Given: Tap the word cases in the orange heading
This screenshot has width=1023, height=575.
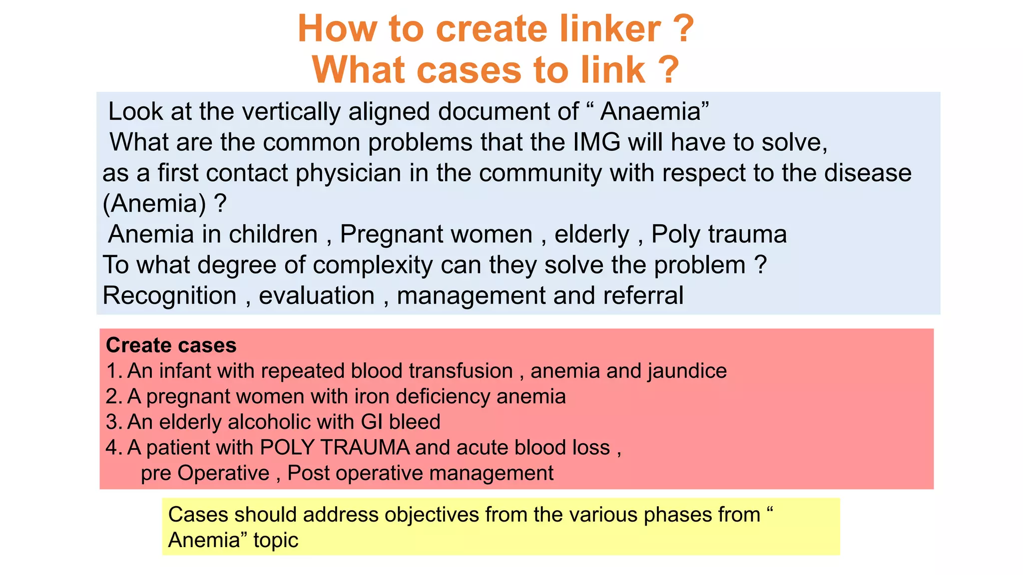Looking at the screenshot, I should tap(469, 69).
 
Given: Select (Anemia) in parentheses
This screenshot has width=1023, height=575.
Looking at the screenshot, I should tap(154, 204).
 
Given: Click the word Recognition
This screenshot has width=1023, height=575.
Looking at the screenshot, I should tap(169, 295).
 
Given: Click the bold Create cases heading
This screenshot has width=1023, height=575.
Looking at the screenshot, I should tap(171, 345).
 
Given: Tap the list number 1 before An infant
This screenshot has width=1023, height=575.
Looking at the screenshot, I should tap(112, 371).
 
